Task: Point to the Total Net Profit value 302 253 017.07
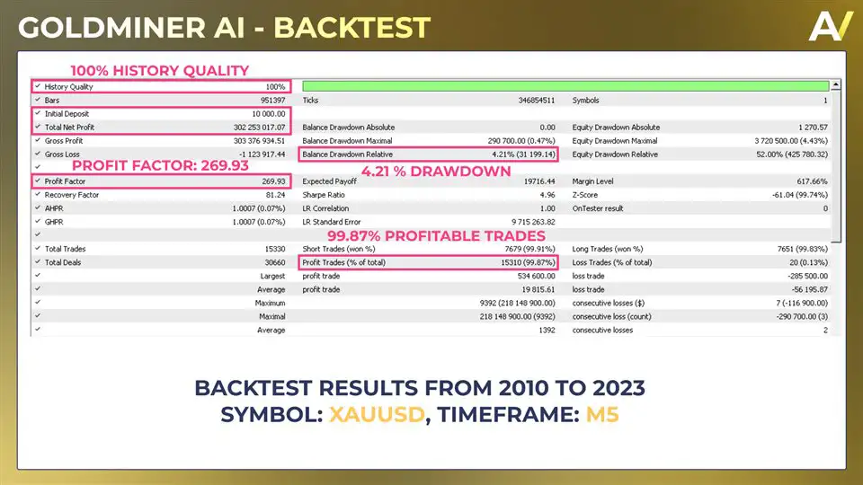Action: pyautogui.click(x=253, y=128)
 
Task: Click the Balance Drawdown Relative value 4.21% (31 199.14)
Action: pyautogui.click(x=509, y=154)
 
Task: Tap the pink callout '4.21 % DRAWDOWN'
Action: pyautogui.click(x=436, y=171)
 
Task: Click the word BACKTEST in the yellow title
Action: pyautogui.click(x=351, y=27)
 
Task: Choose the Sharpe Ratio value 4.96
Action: pyautogui.click(x=547, y=194)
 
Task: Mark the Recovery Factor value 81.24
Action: pyautogui.click(x=271, y=194)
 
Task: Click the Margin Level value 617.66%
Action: pyautogui.click(x=808, y=181)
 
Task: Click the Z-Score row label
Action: pyautogui.click(x=588, y=194)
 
